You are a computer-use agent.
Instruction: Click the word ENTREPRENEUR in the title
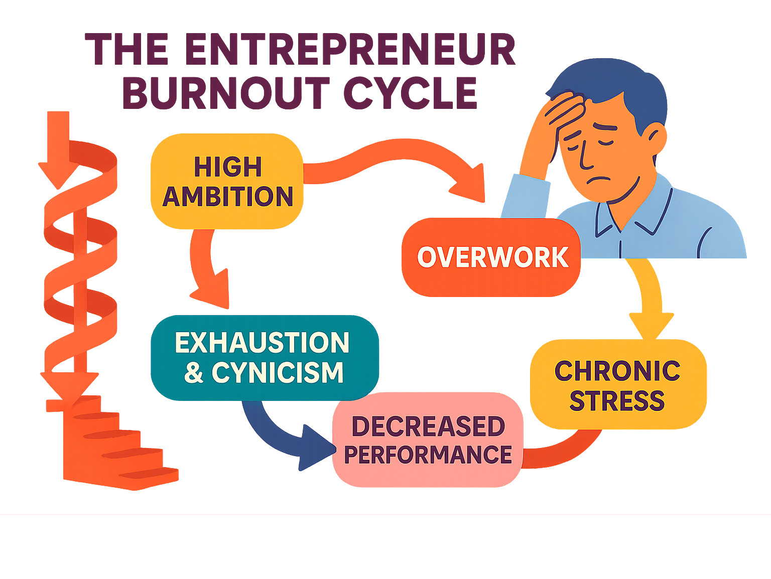(350, 50)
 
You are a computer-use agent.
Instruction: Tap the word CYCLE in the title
(410, 94)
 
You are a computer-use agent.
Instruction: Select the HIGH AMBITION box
(227, 181)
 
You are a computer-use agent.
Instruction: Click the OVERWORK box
(491, 257)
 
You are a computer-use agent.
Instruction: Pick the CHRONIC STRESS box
(618, 384)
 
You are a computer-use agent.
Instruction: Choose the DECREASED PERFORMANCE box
(428, 440)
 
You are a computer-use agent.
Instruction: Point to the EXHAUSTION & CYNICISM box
(264, 357)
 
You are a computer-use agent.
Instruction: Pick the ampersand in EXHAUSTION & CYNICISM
(194, 373)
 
